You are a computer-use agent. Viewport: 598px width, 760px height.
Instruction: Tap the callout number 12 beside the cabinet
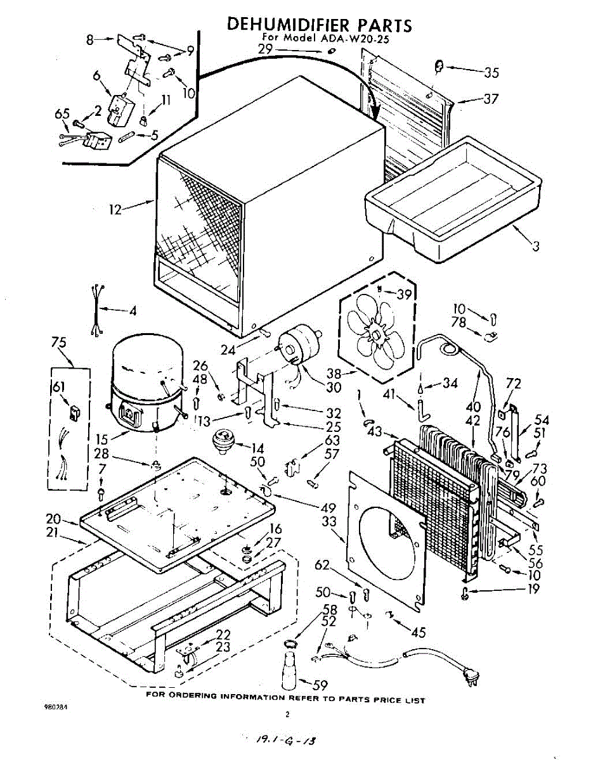click(x=115, y=210)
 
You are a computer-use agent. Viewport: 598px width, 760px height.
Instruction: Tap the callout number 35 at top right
click(x=491, y=73)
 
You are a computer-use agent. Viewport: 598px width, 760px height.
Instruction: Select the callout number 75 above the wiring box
click(x=59, y=343)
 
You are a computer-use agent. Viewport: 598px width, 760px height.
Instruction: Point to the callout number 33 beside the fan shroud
click(x=329, y=523)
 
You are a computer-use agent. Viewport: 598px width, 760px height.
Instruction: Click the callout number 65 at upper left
click(x=62, y=114)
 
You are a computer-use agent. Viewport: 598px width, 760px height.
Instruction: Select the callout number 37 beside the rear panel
click(x=490, y=99)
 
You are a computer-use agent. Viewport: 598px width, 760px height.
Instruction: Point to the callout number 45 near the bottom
click(x=418, y=632)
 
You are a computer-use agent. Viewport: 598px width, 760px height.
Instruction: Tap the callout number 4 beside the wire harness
click(x=133, y=311)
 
